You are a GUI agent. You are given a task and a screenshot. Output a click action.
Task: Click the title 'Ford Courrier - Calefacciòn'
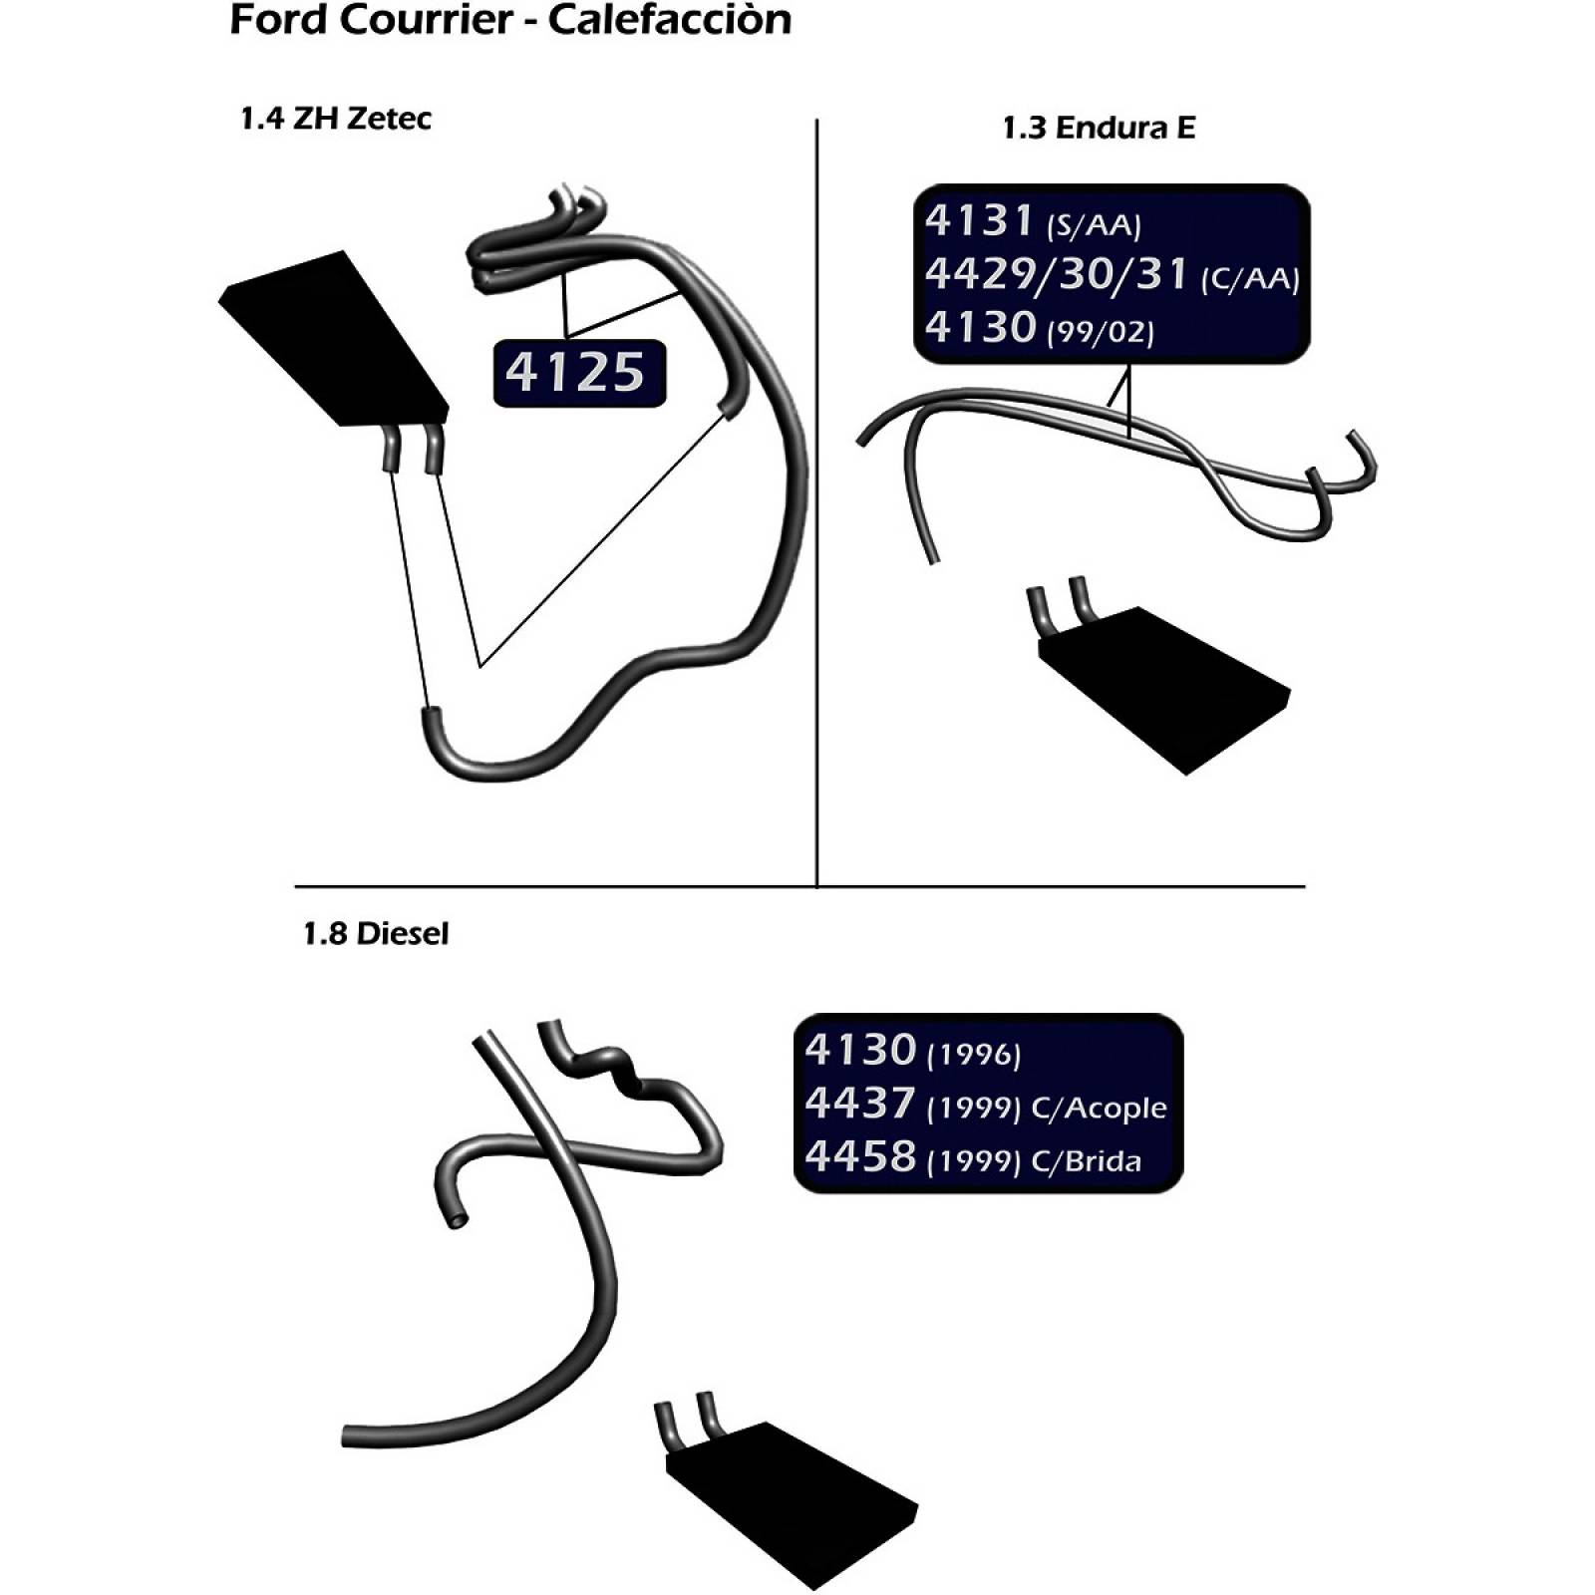pyautogui.click(x=510, y=20)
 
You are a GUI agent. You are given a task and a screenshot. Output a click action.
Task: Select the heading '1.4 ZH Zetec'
pyautogui.click(x=336, y=119)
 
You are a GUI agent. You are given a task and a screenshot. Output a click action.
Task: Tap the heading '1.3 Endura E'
pyautogui.click(x=1099, y=128)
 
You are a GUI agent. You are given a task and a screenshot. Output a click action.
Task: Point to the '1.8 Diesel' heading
pyautogui.click(x=376, y=934)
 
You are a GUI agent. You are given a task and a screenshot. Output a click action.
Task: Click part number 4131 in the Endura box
pyautogui.click(x=979, y=220)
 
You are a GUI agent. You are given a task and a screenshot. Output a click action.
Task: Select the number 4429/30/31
pyautogui.click(x=1057, y=273)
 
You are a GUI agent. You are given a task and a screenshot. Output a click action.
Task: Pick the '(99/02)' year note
pyautogui.click(x=1101, y=332)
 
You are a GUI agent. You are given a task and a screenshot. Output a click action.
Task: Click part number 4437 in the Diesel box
pyautogui.click(x=860, y=1104)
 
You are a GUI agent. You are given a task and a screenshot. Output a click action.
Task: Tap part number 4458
pyautogui.click(x=860, y=1156)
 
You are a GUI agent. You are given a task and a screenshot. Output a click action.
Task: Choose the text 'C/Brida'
pyautogui.click(x=1087, y=1161)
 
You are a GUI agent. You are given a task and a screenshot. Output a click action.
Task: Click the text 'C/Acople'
pyautogui.click(x=1100, y=1109)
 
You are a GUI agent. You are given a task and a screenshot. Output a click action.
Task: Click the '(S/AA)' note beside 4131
pyautogui.click(x=1094, y=225)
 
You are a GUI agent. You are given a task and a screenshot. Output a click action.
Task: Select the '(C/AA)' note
pyautogui.click(x=1250, y=278)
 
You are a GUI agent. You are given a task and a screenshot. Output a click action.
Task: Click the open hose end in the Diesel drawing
pyautogui.click(x=456, y=1218)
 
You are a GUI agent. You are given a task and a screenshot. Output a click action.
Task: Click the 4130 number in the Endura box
pyautogui.click(x=980, y=327)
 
